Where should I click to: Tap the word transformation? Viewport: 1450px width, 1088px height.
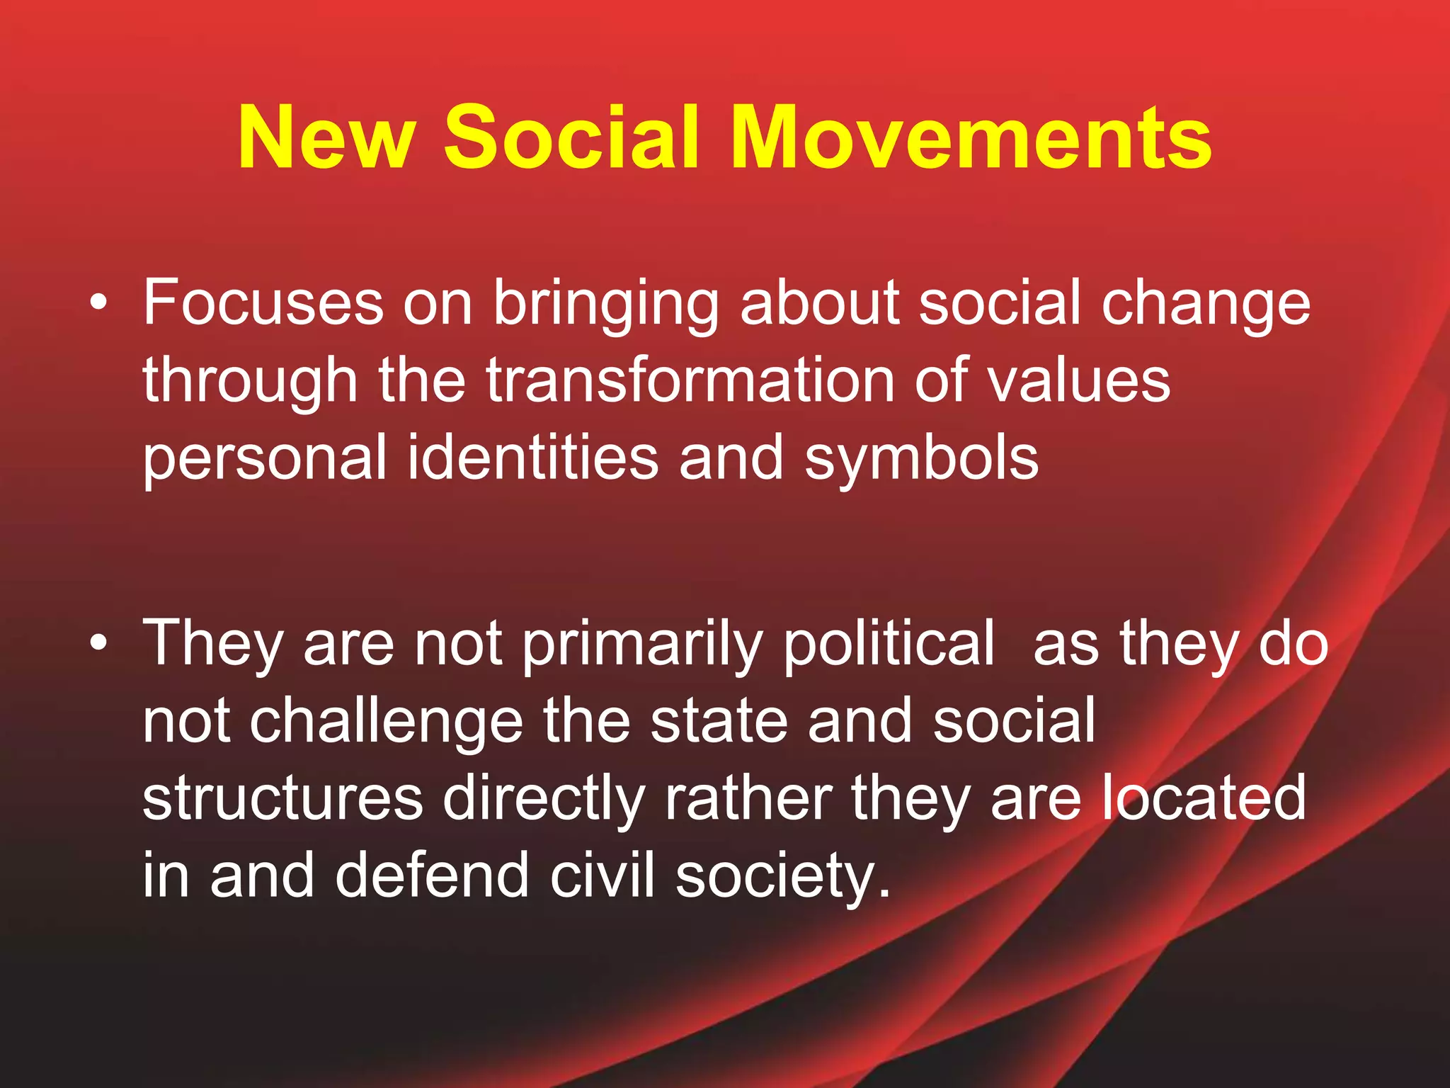click(690, 380)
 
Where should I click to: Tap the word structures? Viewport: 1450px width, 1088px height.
click(282, 799)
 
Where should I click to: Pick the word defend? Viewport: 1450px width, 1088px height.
click(432, 875)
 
